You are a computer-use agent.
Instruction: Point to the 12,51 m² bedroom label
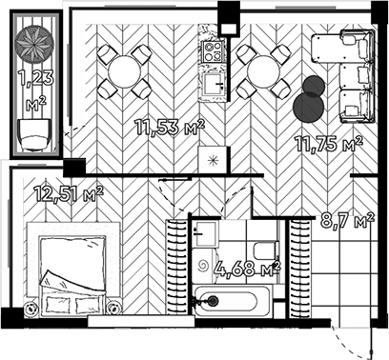[x=69, y=195]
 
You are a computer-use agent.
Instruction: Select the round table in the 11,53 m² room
[x=125, y=70]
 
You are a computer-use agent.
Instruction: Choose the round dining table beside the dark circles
[x=262, y=70]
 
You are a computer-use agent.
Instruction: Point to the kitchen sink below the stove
[x=211, y=84]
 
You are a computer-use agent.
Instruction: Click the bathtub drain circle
[x=212, y=302]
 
